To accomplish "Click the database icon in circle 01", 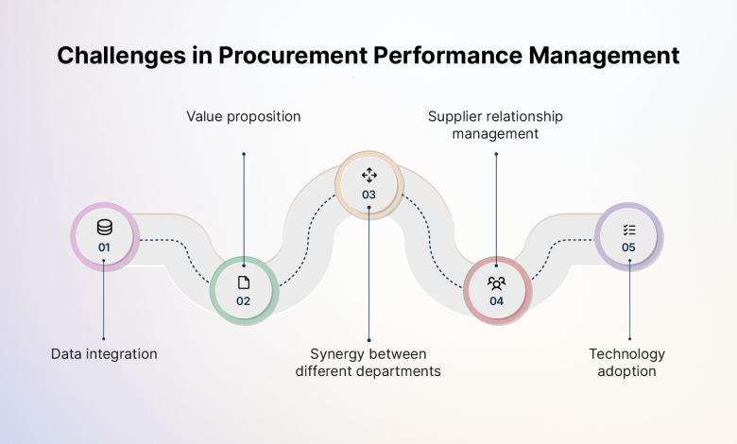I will click(x=104, y=228).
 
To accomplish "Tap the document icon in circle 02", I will click(x=244, y=282).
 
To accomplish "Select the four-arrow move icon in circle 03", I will click(x=369, y=175).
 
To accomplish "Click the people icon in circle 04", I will click(x=496, y=282).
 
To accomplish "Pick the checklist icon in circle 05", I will click(x=629, y=230).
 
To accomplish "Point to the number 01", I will click(x=104, y=248).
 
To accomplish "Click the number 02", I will click(x=244, y=301).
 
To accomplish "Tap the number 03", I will click(x=369, y=195).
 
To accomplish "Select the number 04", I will click(x=496, y=301).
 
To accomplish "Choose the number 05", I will click(x=629, y=248).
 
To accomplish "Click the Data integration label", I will click(x=104, y=354).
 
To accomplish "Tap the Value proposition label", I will click(x=244, y=117).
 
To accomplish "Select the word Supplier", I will click(x=455, y=117).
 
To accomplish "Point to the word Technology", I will click(x=627, y=354).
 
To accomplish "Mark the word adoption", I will click(x=627, y=371).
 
